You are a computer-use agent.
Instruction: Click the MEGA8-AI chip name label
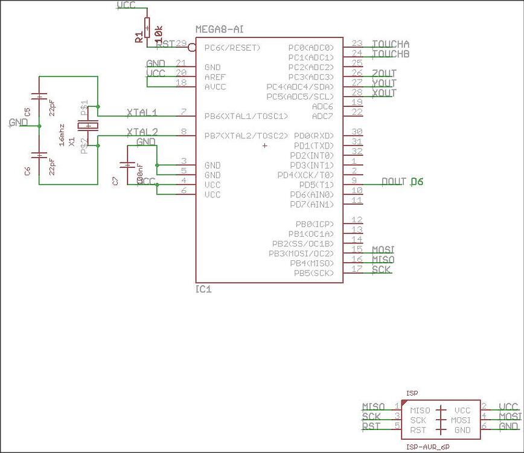[x=220, y=30]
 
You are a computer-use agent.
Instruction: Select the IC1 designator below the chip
[x=203, y=289]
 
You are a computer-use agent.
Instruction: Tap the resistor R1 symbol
[x=147, y=28]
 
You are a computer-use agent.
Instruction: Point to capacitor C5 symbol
[x=39, y=97]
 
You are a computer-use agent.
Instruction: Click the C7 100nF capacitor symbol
[x=127, y=164]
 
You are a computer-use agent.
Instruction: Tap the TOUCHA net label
[x=391, y=44]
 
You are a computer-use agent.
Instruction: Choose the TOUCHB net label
[x=391, y=54]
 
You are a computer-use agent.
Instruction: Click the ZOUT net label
[x=385, y=74]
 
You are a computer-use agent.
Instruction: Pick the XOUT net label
[x=385, y=93]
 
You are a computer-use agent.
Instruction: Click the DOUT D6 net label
[x=403, y=181]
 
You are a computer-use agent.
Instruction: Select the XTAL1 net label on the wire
[x=142, y=112]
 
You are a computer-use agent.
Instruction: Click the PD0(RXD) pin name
[x=312, y=136]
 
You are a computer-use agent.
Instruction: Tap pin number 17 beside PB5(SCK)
[x=357, y=269]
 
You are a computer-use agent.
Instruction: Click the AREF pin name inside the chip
[x=215, y=77]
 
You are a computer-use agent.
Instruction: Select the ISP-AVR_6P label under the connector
[x=427, y=446]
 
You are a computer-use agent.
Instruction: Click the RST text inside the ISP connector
[x=418, y=430]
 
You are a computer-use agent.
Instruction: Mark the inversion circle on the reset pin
[x=192, y=47]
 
